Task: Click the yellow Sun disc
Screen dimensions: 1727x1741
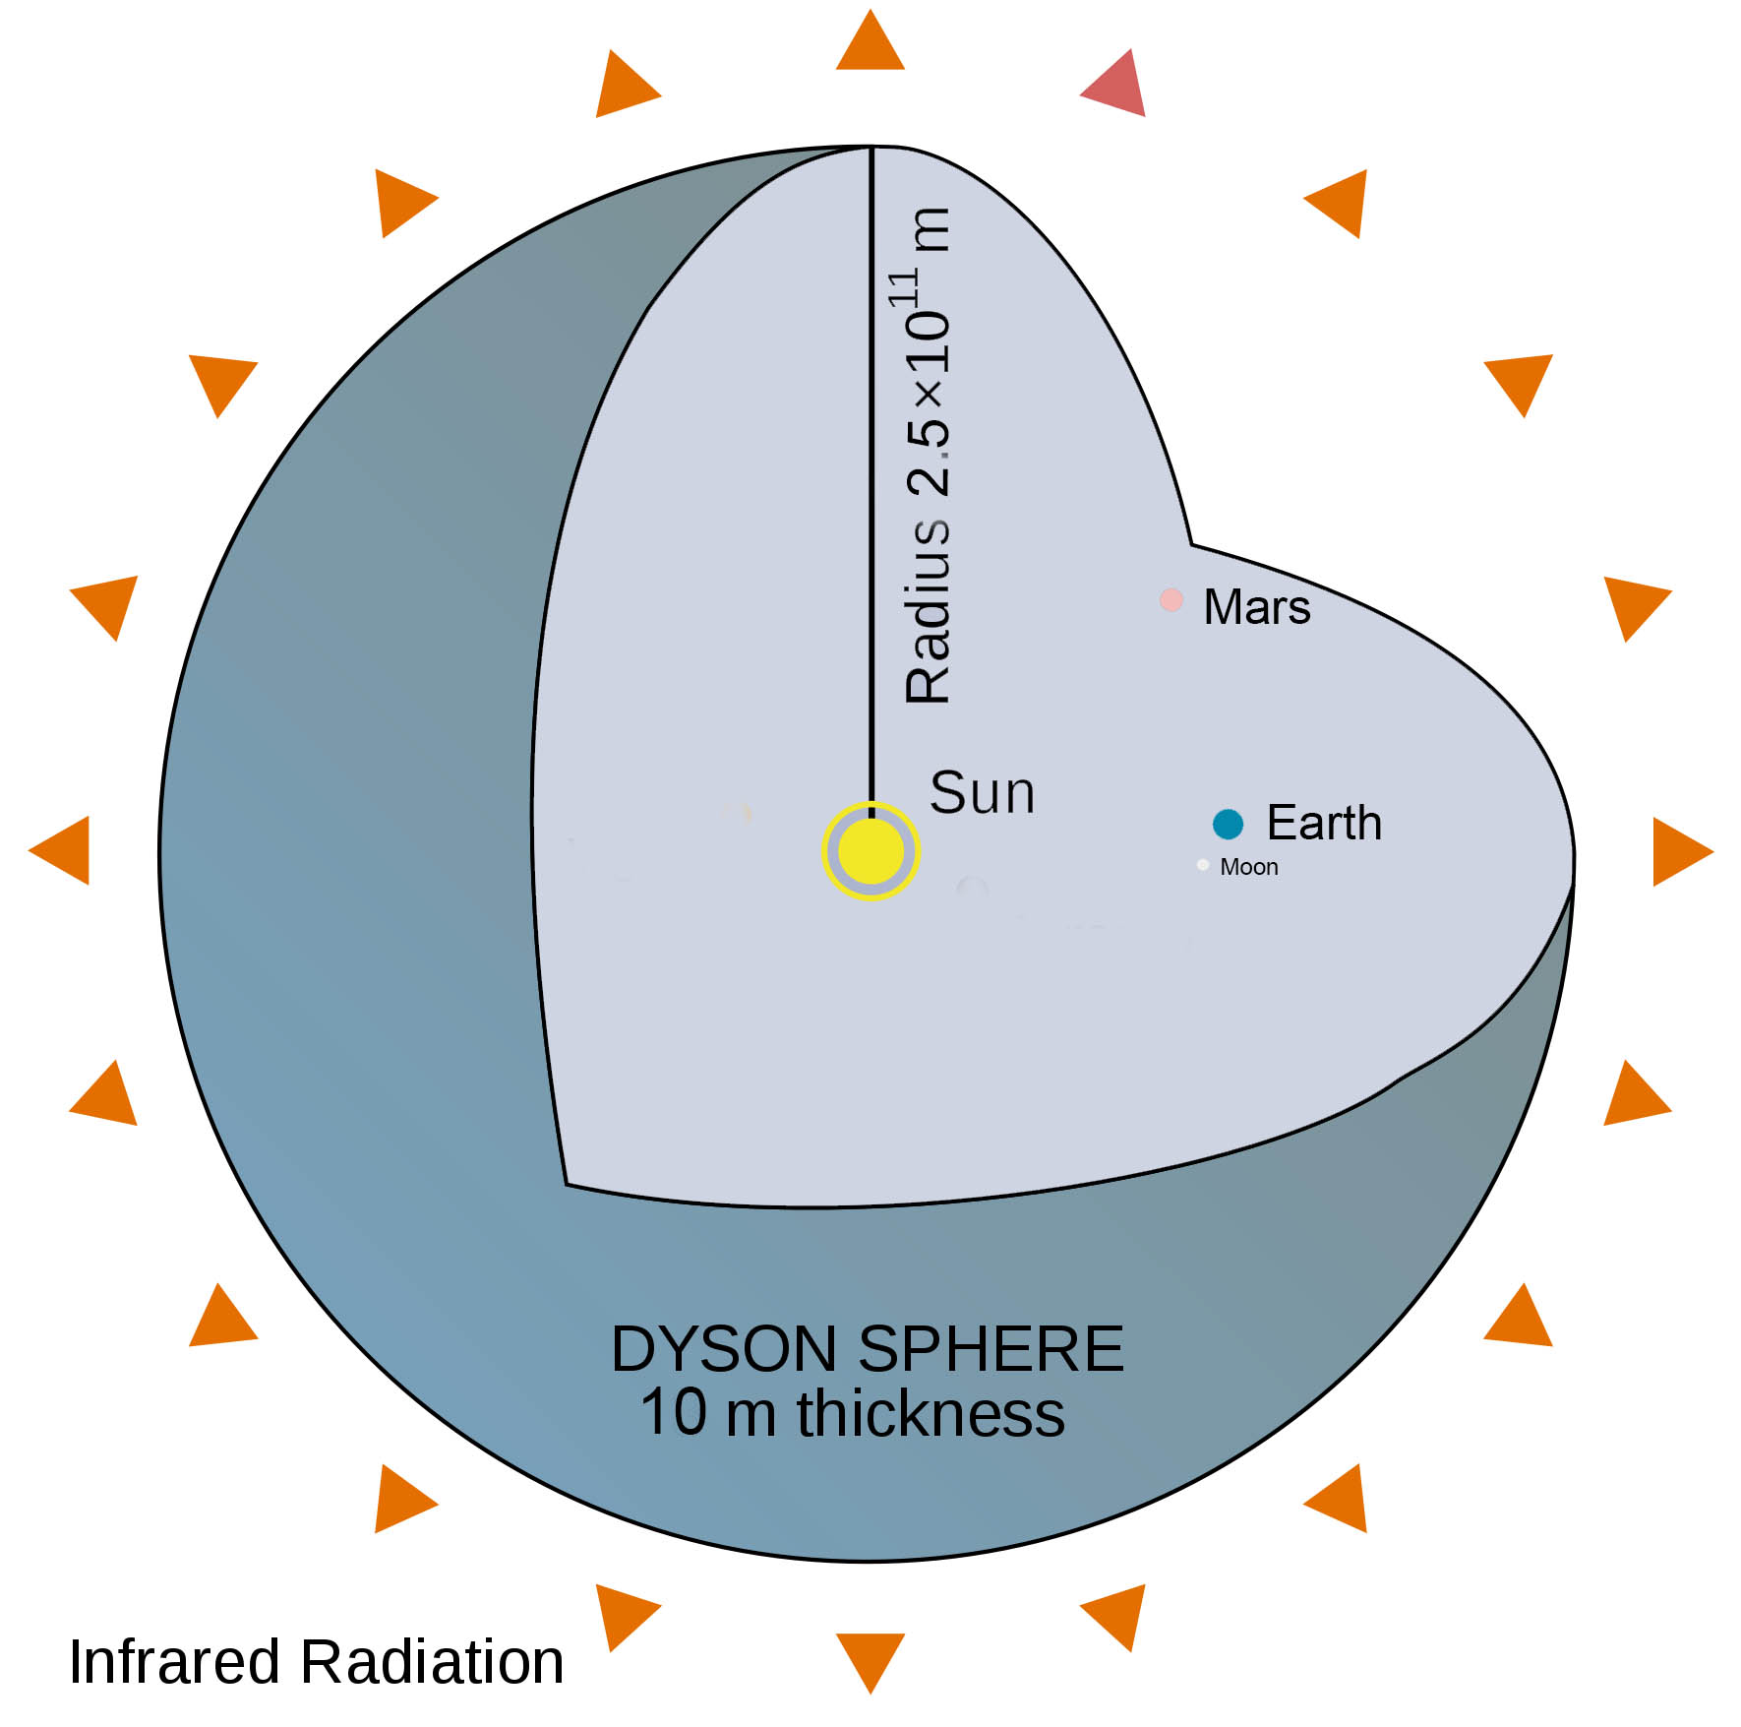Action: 870,851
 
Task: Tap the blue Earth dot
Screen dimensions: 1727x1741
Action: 1228,824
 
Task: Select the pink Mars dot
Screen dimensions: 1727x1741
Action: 1171,599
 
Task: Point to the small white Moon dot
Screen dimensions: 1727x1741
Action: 1203,865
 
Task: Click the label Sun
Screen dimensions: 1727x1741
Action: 982,792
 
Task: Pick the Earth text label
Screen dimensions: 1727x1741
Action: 1324,823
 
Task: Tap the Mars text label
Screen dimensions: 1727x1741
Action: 1256,606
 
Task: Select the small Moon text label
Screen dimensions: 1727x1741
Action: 1249,867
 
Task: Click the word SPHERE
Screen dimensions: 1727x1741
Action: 991,1349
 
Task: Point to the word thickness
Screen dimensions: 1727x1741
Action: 931,1414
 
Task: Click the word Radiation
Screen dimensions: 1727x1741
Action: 432,1662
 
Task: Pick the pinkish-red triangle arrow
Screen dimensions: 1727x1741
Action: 1116,86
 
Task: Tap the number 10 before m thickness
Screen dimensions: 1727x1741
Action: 674,1414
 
